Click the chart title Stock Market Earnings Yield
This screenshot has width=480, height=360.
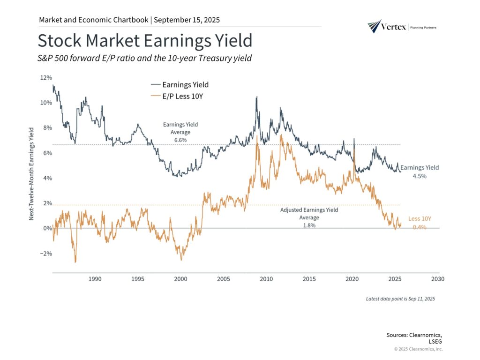(145, 41)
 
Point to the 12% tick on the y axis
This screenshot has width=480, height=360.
(45, 77)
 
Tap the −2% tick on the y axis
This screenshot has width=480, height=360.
(45, 254)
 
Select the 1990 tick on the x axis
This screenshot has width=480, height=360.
(95, 279)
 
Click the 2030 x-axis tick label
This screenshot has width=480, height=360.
(437, 279)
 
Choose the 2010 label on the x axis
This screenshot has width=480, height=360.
(266, 279)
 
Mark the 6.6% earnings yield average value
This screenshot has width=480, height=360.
(180, 140)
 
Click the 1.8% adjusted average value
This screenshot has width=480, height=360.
(309, 225)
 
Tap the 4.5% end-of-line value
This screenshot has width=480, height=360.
(420, 176)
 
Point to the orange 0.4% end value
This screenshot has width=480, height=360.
(420, 227)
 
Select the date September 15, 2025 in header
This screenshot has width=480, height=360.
(187, 20)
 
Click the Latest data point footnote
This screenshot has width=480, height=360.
(400, 299)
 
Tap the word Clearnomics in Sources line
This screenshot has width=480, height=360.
(424, 335)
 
